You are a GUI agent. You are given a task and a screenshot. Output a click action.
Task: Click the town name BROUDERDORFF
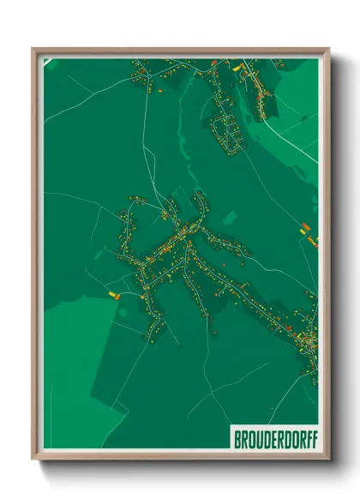pos(273,438)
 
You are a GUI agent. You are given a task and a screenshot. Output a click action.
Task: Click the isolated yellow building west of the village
pos(111,294)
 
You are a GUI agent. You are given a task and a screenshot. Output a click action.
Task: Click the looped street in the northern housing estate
pos(225,133)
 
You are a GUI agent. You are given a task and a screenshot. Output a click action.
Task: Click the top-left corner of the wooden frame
pos(33,49)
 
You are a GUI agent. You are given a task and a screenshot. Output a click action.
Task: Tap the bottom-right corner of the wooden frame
pos(329,459)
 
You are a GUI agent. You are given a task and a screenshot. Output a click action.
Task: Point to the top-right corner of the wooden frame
pos(329,49)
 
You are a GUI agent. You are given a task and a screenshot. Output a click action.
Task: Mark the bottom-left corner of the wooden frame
pos(33,459)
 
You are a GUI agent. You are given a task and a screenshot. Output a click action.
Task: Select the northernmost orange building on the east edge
pos(304,227)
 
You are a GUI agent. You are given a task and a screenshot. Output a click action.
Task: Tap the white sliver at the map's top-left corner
pos(47,63)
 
